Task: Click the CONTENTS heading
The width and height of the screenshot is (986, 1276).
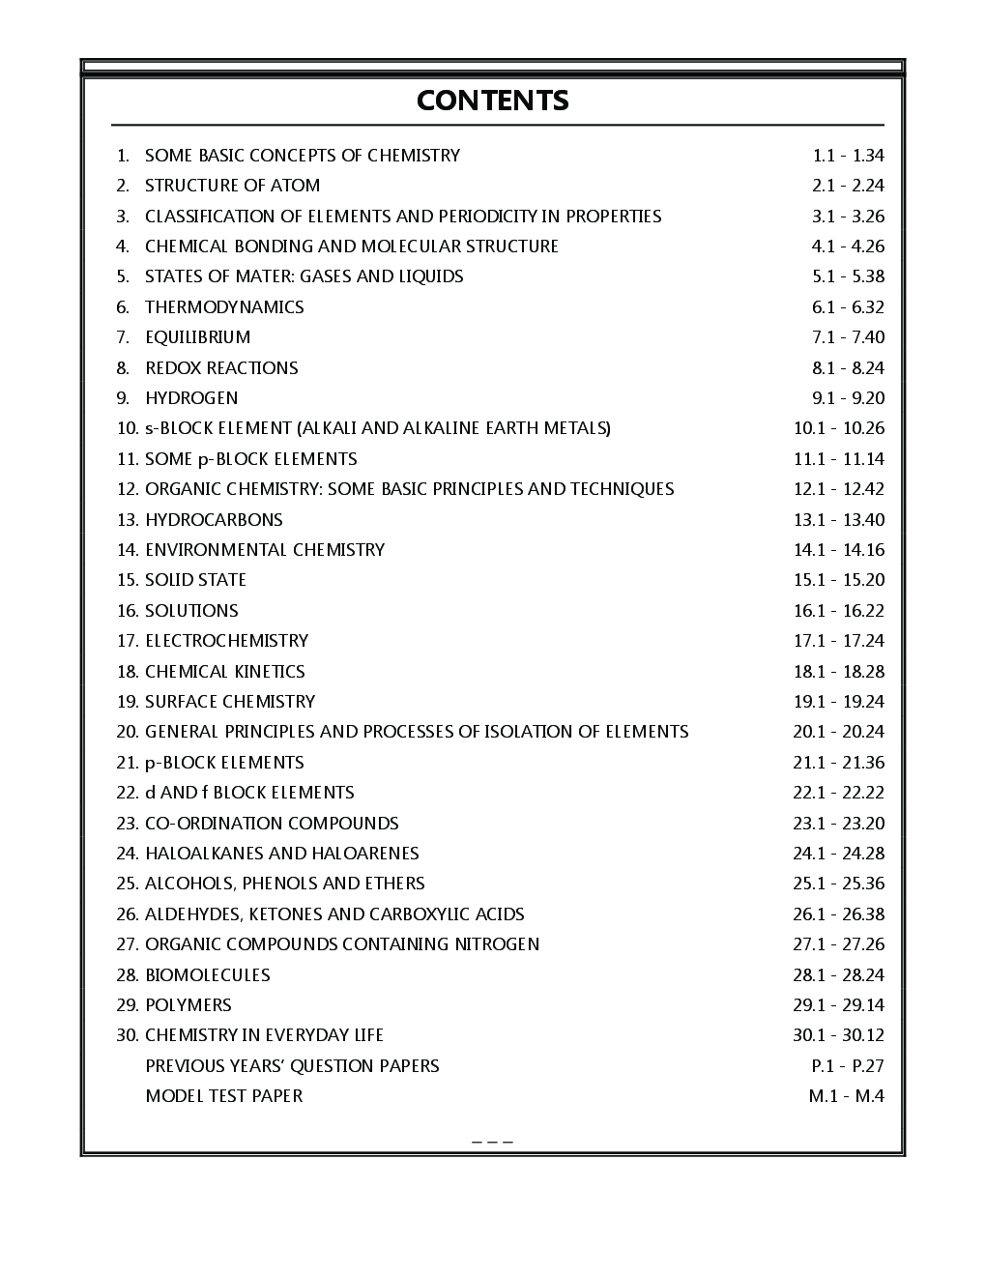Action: (x=492, y=101)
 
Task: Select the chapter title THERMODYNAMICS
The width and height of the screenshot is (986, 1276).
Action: (x=224, y=307)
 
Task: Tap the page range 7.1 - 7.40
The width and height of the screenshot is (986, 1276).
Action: (x=848, y=337)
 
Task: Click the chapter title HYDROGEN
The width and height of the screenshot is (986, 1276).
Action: (x=191, y=398)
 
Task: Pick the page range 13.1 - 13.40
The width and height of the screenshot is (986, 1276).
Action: (x=838, y=520)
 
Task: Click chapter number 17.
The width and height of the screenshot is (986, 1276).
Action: (x=128, y=641)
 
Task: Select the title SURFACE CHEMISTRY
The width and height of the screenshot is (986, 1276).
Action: (x=230, y=702)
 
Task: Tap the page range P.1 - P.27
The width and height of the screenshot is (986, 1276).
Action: (x=847, y=1066)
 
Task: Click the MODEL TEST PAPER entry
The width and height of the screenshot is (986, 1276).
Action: (x=223, y=1096)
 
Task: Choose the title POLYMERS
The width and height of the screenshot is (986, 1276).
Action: (x=188, y=1005)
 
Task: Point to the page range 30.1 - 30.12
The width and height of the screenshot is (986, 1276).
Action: (x=838, y=1035)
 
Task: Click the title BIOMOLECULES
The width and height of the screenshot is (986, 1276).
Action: (x=208, y=975)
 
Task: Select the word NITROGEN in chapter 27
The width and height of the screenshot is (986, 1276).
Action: (x=497, y=944)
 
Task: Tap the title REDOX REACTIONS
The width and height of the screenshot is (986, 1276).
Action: (x=221, y=368)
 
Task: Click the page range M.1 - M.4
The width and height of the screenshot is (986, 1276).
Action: (x=846, y=1096)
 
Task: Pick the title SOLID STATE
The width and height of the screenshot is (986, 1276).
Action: (x=195, y=580)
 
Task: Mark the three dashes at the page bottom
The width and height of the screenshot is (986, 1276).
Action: (x=492, y=1142)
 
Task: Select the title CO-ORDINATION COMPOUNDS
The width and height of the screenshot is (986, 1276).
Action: (x=272, y=824)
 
